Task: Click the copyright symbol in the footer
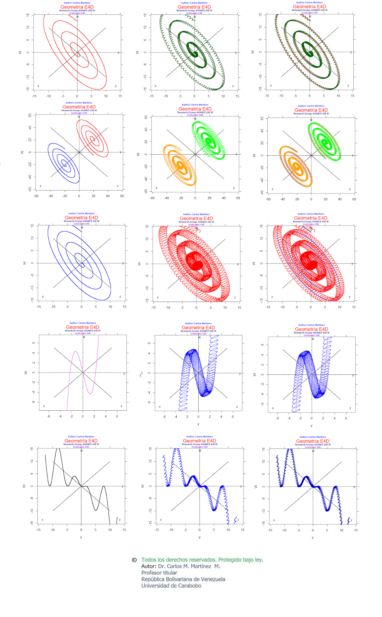tap(134, 560)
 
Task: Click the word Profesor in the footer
tap(150, 573)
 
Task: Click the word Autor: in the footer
tap(149, 566)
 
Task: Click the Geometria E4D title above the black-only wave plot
tap(81, 441)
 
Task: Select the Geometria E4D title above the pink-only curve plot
tap(83, 327)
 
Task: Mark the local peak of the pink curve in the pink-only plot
tap(76, 352)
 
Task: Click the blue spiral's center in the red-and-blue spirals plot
tap(65, 165)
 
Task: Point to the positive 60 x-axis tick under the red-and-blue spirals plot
tap(122, 196)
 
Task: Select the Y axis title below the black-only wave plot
tap(81, 538)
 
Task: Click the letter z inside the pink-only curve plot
tap(121, 406)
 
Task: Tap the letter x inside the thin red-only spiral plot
tap(38, 86)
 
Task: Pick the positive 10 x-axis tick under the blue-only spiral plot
tap(110, 307)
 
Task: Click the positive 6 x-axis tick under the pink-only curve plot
tap(117, 416)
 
